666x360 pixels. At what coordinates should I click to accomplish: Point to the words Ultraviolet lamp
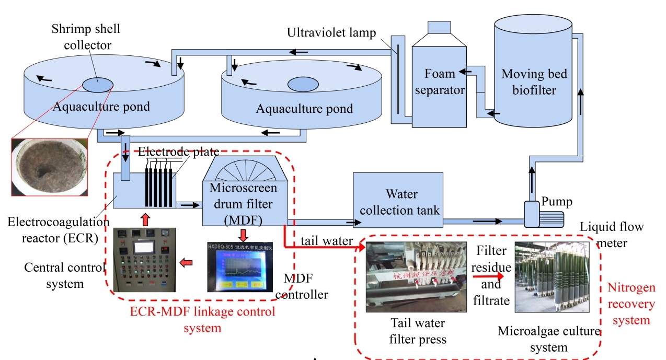pyautogui.click(x=331, y=33)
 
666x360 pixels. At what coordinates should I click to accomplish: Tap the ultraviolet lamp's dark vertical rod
pyautogui.click(x=398, y=78)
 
